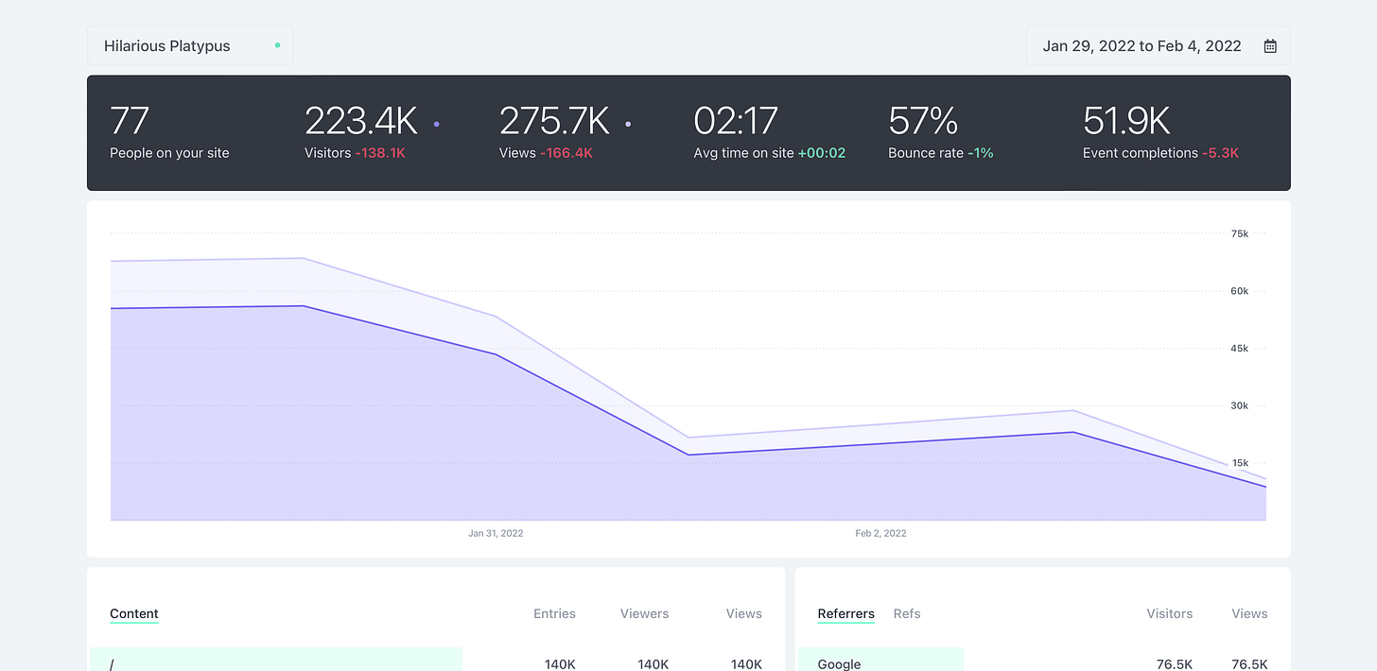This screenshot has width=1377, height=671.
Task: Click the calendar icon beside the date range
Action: click(1270, 45)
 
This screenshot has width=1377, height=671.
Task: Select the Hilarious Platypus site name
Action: click(166, 45)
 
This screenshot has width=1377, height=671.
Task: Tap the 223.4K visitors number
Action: click(360, 121)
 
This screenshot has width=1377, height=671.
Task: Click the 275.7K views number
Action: click(554, 121)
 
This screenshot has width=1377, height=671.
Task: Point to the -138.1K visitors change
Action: click(380, 153)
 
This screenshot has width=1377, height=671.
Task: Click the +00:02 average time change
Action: click(821, 153)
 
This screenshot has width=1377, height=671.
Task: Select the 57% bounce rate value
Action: click(923, 121)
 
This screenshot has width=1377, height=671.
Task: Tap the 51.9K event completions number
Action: click(1126, 121)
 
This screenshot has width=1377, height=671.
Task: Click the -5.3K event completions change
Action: click(1220, 153)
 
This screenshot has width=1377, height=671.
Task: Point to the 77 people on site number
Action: click(130, 121)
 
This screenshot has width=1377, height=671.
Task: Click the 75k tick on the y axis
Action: click(1239, 233)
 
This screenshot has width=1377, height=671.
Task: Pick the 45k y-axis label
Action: click(1239, 349)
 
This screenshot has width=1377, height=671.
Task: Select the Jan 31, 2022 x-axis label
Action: click(496, 533)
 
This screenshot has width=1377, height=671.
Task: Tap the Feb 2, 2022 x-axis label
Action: click(880, 533)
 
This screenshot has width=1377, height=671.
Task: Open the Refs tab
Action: click(906, 613)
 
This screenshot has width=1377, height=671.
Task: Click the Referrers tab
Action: click(845, 613)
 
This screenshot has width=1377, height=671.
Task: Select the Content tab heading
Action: click(134, 613)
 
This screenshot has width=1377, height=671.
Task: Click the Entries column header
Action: click(554, 613)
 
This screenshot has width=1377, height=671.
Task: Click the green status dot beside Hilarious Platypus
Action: click(277, 45)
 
